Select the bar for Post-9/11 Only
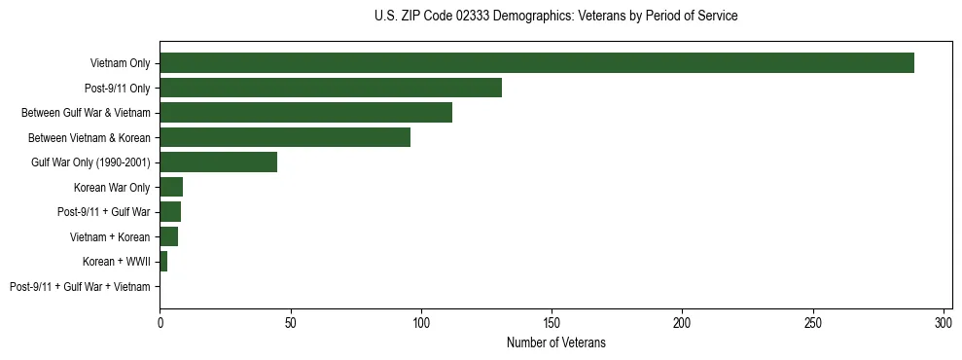click(x=331, y=88)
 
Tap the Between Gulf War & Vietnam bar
click(x=305, y=113)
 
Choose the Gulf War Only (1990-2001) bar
click(x=218, y=162)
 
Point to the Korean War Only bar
click(x=171, y=187)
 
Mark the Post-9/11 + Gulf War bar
click(x=170, y=212)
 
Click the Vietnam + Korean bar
click(x=168, y=236)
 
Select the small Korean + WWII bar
click(x=163, y=262)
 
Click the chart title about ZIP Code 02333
click(x=555, y=17)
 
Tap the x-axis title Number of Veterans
click(x=555, y=342)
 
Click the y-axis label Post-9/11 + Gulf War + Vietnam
click(x=80, y=287)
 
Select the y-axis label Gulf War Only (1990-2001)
click(x=90, y=162)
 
